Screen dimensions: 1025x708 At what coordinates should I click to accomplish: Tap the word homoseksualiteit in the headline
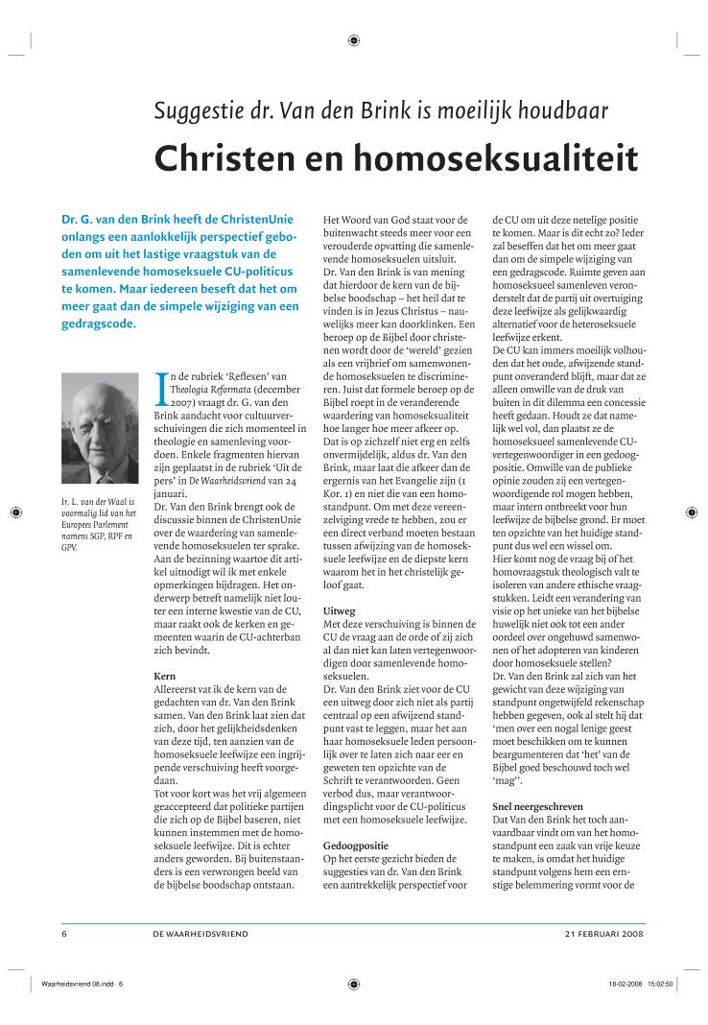tap(493, 158)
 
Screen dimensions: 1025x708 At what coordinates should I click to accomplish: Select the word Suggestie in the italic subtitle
tap(204, 110)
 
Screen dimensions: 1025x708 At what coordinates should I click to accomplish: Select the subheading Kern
tap(165, 677)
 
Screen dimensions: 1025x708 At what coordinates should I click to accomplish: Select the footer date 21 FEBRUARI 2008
tap(603, 932)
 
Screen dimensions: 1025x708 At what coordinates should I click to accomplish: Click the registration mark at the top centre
tap(354, 39)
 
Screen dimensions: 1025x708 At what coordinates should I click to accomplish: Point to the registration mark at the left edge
tap(16, 513)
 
